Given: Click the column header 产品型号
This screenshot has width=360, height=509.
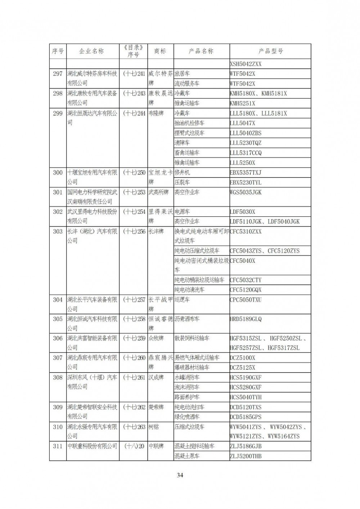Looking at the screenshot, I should pyautogui.click(x=270, y=51).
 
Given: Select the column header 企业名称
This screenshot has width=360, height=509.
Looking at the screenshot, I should pyautogui.click(x=93, y=51).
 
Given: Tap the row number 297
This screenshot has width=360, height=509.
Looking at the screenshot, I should pyautogui.click(x=58, y=74).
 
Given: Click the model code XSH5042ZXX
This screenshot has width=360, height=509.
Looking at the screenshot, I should pyautogui.click(x=246, y=64).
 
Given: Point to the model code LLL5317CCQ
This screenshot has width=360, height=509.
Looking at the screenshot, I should pyautogui.click(x=246, y=153).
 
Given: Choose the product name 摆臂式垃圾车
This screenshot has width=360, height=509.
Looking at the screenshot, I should pyautogui.click(x=189, y=133).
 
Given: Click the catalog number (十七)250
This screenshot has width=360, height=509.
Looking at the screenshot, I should pyautogui.click(x=134, y=172).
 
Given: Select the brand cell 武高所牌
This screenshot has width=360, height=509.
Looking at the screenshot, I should pyautogui.click(x=158, y=192).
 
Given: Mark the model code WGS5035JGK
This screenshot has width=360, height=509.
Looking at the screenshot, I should pyautogui.click(x=246, y=192).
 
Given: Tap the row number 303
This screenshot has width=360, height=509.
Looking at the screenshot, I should pyautogui.click(x=58, y=231).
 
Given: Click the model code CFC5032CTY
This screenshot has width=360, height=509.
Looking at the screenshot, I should pyautogui.click(x=246, y=280).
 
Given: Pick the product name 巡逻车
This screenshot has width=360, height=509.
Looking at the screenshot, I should pyautogui.click(x=182, y=299).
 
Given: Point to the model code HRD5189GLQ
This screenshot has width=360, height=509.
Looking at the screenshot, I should pyautogui.click(x=246, y=319).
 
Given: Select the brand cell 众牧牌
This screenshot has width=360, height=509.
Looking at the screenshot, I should pyautogui.click(x=156, y=338).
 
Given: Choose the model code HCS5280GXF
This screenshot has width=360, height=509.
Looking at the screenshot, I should pyautogui.click(x=246, y=387).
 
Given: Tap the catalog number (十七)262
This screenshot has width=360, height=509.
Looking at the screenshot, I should pyautogui.click(x=134, y=407).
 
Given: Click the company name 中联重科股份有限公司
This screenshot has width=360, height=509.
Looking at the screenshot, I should pyautogui.click(x=92, y=446).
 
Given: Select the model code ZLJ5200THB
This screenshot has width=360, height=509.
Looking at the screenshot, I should pyautogui.click(x=246, y=456).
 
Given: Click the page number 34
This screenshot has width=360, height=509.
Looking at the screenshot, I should pyautogui.click(x=180, y=475).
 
